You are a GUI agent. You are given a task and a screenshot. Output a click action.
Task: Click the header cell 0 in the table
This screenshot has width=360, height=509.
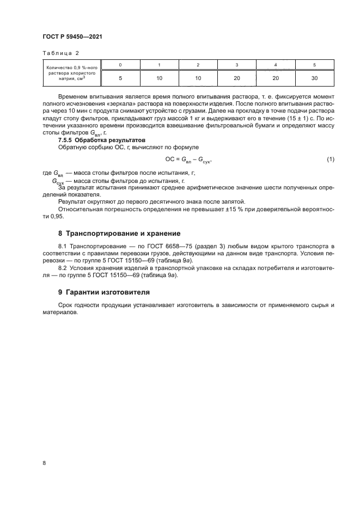[120, 65]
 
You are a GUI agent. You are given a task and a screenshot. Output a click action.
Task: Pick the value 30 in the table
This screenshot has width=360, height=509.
[314, 78]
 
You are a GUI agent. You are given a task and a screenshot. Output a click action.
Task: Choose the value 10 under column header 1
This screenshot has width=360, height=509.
[159, 78]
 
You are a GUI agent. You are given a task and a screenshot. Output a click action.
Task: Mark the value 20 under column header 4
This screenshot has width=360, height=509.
[276, 78]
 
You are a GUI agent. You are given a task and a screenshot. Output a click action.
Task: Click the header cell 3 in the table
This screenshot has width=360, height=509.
[237, 65]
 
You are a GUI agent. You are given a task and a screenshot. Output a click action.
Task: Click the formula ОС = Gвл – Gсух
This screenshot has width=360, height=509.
[188, 160]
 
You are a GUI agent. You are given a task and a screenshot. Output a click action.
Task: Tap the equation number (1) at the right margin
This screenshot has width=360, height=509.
[330, 159]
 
